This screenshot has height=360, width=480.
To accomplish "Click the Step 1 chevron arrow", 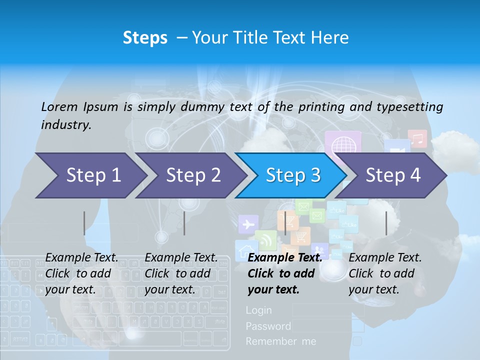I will point(90,175).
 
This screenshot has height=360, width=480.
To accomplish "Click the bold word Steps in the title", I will point(145,37).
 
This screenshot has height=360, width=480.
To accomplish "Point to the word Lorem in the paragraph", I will point(59,106).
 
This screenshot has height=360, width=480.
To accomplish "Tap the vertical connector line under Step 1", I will point(84,223).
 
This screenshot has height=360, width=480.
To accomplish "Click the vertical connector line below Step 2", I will point(184,223).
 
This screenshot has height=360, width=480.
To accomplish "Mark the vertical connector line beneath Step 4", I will point(386,223).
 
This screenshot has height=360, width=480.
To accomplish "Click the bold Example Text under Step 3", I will point(285,258).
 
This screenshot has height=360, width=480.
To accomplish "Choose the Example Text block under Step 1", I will point(81,273).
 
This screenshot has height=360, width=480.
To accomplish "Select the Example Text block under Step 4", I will point(385,273).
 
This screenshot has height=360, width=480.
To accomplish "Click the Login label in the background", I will point(258,310).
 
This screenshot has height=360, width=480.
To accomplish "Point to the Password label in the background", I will point(268,326).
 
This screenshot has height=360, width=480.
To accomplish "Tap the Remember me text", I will point(280,341).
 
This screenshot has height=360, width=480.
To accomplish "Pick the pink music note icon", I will point(417,138).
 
